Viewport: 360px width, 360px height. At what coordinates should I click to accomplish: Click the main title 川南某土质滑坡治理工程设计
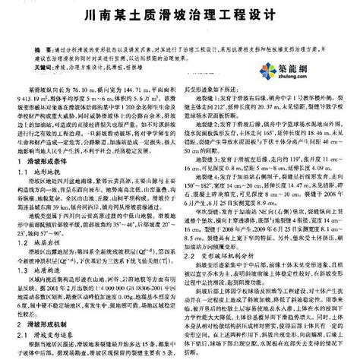(x=180, y=14)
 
